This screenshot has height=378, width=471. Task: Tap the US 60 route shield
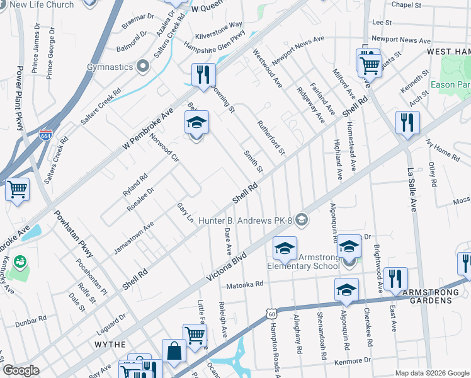tap(270, 313)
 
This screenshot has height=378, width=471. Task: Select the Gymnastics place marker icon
tap(143, 66)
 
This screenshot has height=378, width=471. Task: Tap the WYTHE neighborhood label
tap(110, 345)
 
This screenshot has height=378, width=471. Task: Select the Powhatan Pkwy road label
tap(74, 234)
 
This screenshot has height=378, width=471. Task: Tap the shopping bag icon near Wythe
tap(174, 351)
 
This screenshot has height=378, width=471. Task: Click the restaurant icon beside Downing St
tap(203, 75)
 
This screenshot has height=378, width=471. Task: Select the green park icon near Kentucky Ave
tap(20, 260)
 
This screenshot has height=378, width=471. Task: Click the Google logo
tap(21, 370)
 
